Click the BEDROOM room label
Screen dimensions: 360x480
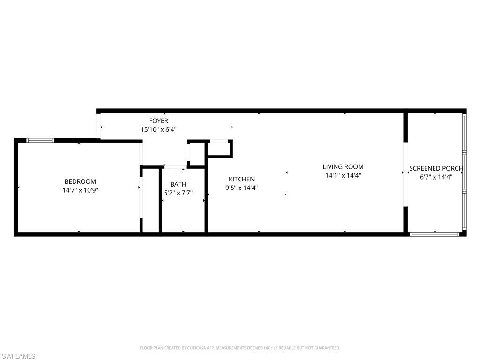coord(80,182)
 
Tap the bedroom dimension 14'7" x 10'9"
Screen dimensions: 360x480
coord(80,190)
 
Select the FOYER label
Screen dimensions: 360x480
coord(158,121)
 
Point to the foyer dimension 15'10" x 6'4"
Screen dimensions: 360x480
coord(158,129)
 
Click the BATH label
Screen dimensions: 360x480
coord(178,184)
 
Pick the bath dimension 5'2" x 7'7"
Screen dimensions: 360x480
coord(178,193)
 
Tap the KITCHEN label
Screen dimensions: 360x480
coord(241,179)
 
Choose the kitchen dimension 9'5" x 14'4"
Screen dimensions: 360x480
coord(241,187)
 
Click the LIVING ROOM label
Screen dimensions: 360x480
coord(343,167)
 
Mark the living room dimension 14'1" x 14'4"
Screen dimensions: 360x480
coord(343,175)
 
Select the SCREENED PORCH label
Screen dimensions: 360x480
coord(436,168)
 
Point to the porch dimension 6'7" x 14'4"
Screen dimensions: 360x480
coord(436,177)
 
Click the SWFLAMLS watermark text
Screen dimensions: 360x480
coord(18,357)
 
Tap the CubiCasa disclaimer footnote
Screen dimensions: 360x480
coord(240,348)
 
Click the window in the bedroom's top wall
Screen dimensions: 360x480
coord(40,140)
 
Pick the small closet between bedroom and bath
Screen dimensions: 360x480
coord(150,200)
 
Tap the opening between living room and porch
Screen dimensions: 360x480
coord(405,172)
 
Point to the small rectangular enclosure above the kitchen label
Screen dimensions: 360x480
coord(219,149)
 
